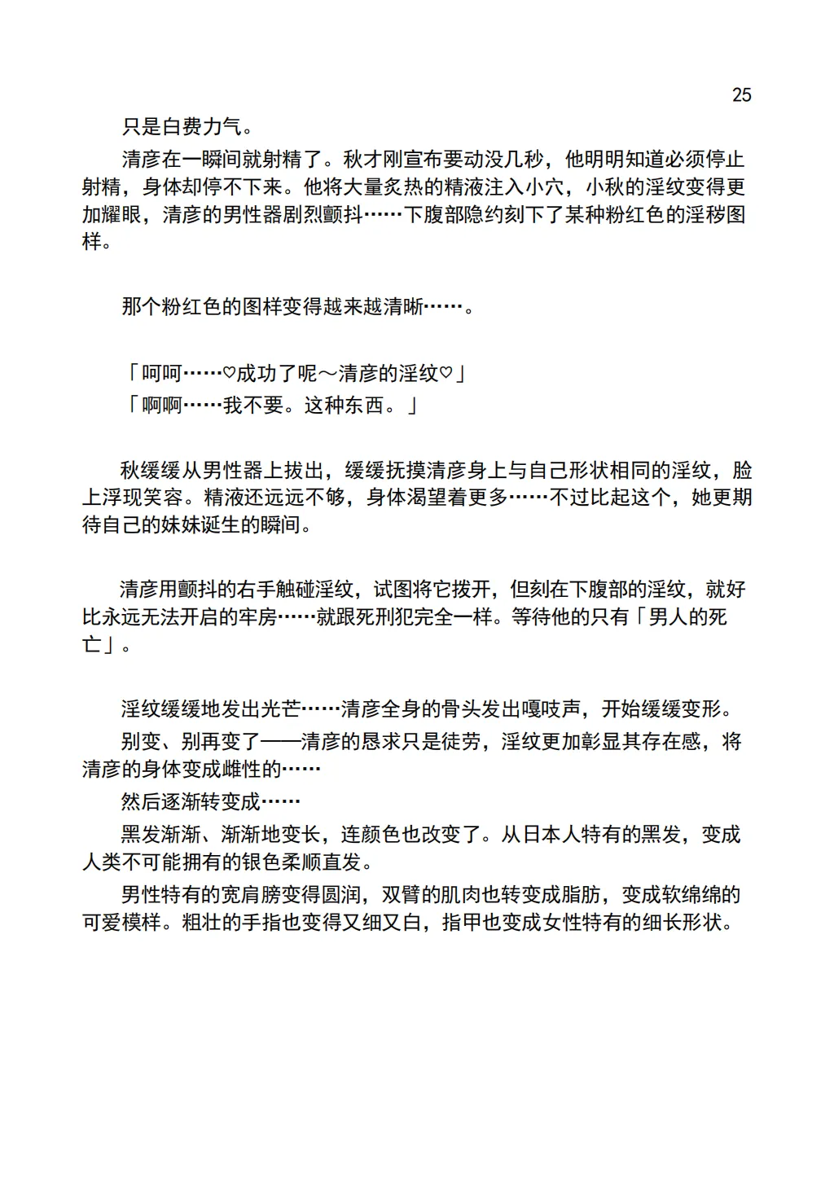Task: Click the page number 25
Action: (741, 95)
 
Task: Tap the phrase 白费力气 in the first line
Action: (202, 127)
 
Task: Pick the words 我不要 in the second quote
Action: (253, 406)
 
